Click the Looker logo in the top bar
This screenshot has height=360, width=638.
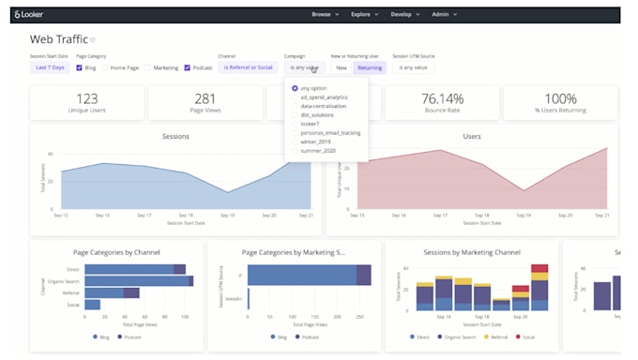click(29, 15)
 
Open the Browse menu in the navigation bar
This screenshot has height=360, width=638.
click(324, 15)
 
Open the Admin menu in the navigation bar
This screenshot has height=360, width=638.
click(444, 15)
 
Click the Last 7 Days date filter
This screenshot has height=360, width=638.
click(51, 67)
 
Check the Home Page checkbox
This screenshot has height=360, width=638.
click(106, 67)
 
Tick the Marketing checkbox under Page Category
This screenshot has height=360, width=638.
click(148, 67)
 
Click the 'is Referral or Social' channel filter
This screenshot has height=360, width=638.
click(248, 67)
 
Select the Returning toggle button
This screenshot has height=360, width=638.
click(370, 67)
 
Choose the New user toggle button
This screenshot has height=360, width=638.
click(342, 67)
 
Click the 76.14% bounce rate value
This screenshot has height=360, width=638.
click(442, 97)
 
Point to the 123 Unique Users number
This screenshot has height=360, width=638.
click(87, 97)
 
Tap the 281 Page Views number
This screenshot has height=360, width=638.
click(205, 97)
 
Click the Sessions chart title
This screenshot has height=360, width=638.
click(175, 136)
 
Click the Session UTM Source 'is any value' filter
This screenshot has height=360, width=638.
click(414, 67)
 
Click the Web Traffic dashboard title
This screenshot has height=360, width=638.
click(58, 39)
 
